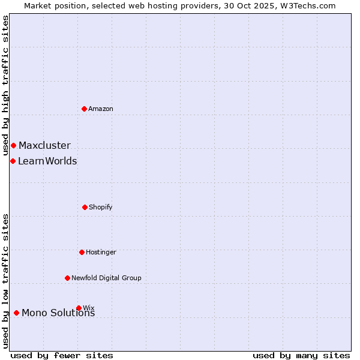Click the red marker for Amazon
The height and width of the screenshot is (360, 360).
85,109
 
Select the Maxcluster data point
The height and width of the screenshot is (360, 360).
13,145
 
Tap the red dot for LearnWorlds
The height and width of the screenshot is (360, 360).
13,161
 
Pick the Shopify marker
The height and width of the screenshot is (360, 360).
85,207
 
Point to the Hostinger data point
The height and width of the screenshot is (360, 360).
82,252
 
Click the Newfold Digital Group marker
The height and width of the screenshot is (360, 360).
67,278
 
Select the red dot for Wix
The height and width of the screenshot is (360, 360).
79,308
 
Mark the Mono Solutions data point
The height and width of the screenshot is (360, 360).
16,313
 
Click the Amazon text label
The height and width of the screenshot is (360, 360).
101,109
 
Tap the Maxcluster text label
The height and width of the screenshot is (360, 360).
44,145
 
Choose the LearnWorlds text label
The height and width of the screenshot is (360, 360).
47,161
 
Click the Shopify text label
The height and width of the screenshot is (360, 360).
101,207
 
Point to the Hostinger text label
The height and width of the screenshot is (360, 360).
101,252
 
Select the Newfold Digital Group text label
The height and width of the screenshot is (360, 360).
106,278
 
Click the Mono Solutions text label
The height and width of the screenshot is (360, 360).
58,313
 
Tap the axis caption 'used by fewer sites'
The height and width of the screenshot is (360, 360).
62,355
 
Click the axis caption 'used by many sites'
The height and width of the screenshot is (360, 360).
301,355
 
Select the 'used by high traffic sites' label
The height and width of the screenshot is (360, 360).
5,85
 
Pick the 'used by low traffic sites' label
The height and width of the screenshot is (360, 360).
5,281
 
